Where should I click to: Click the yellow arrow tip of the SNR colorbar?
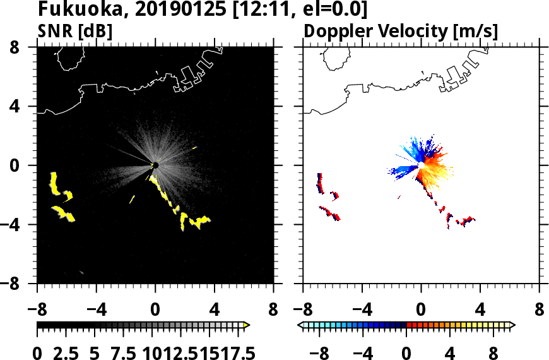coord(247,325)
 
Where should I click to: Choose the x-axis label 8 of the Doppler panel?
coord(540,311)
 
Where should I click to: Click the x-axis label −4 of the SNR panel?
coord(93,311)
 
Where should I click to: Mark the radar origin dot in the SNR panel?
coord(155,165)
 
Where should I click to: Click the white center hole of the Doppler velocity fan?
coord(421,165)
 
